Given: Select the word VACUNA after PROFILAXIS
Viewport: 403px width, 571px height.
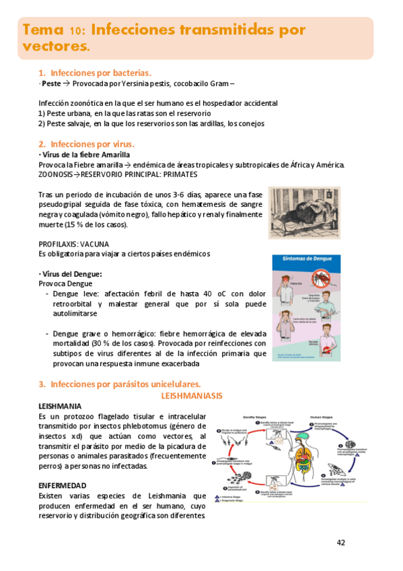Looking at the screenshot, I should (94, 243).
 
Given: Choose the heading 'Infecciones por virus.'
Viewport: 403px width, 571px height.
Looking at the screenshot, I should (92, 143).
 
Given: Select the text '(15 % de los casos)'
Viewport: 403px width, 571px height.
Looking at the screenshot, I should (98, 224).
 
